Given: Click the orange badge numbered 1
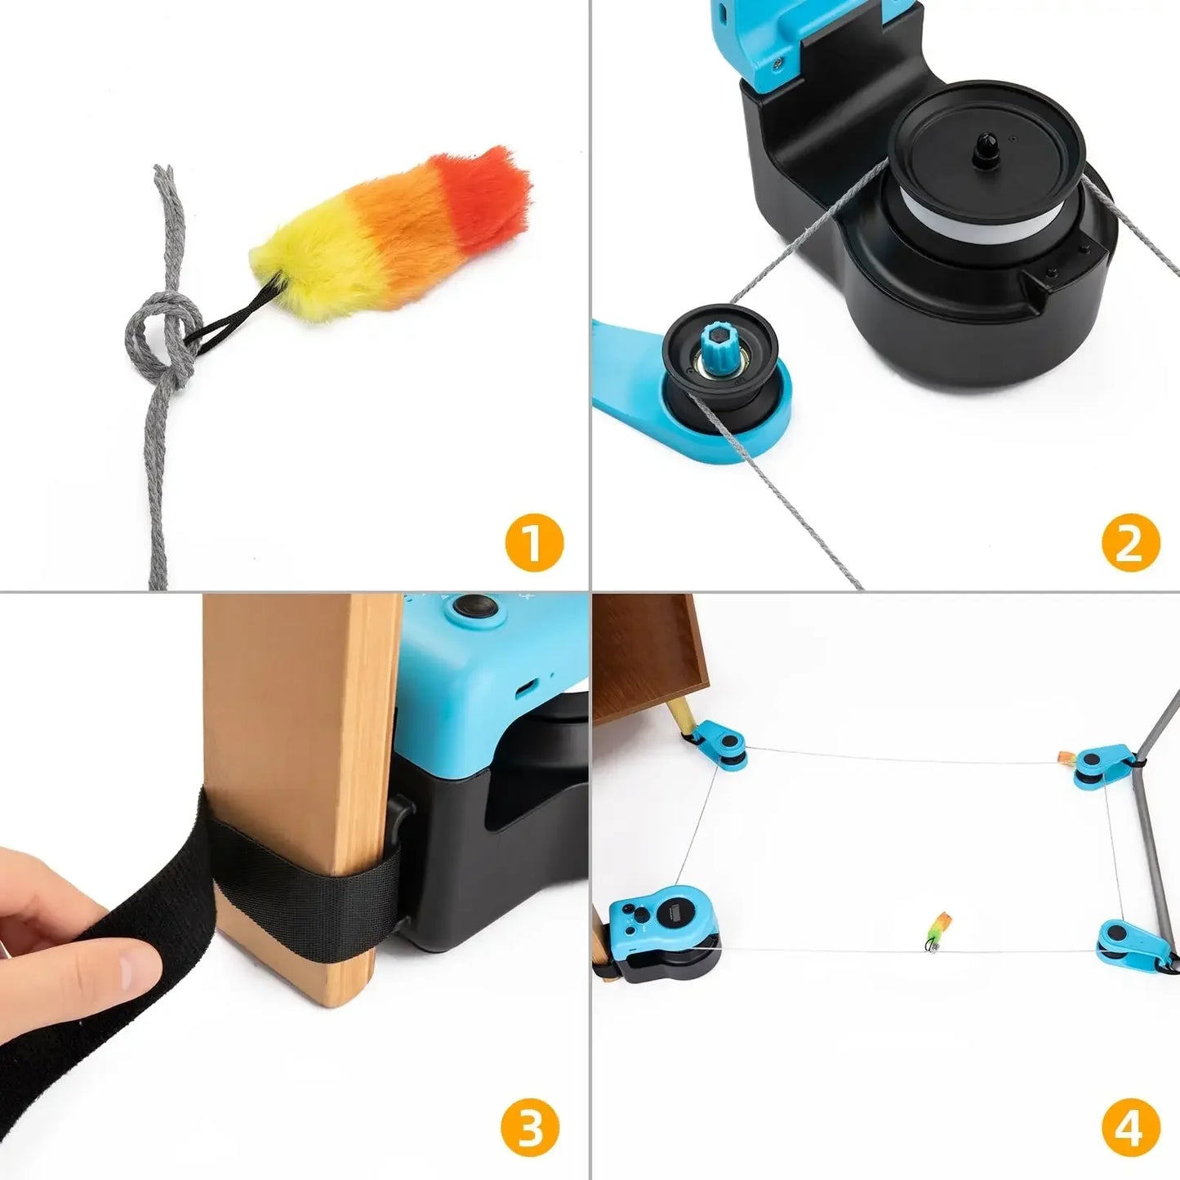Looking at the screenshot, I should [x=534, y=542].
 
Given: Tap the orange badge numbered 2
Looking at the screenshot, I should [x=1129, y=542].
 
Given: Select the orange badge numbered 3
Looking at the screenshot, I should [x=530, y=1129].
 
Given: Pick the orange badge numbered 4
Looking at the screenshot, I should [x=1130, y=1129].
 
